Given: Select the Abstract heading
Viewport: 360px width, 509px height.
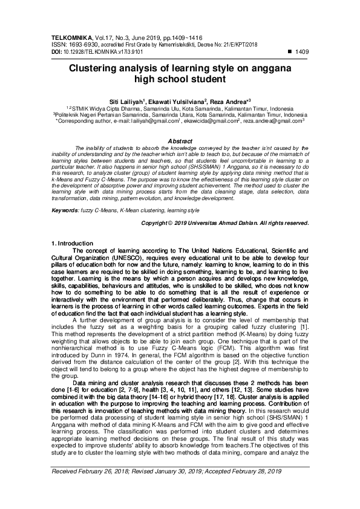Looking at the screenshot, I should [180, 140].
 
